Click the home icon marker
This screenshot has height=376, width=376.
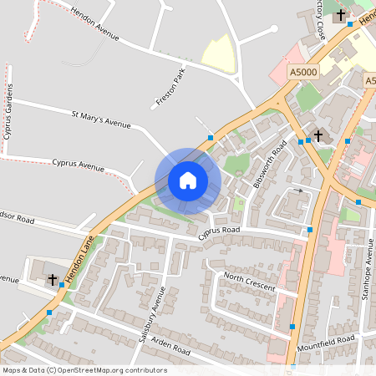tap(187, 180)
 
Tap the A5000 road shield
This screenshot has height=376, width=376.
tap(303, 74)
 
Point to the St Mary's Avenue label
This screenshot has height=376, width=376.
tap(101, 121)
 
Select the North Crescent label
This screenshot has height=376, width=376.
tap(248, 282)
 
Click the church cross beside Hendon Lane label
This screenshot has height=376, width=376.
tap(52, 279)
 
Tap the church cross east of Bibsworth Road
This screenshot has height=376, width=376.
tap(318, 135)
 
